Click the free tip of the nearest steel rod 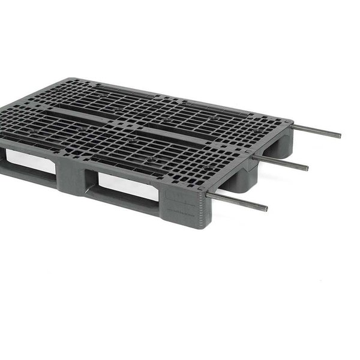(265, 209)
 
